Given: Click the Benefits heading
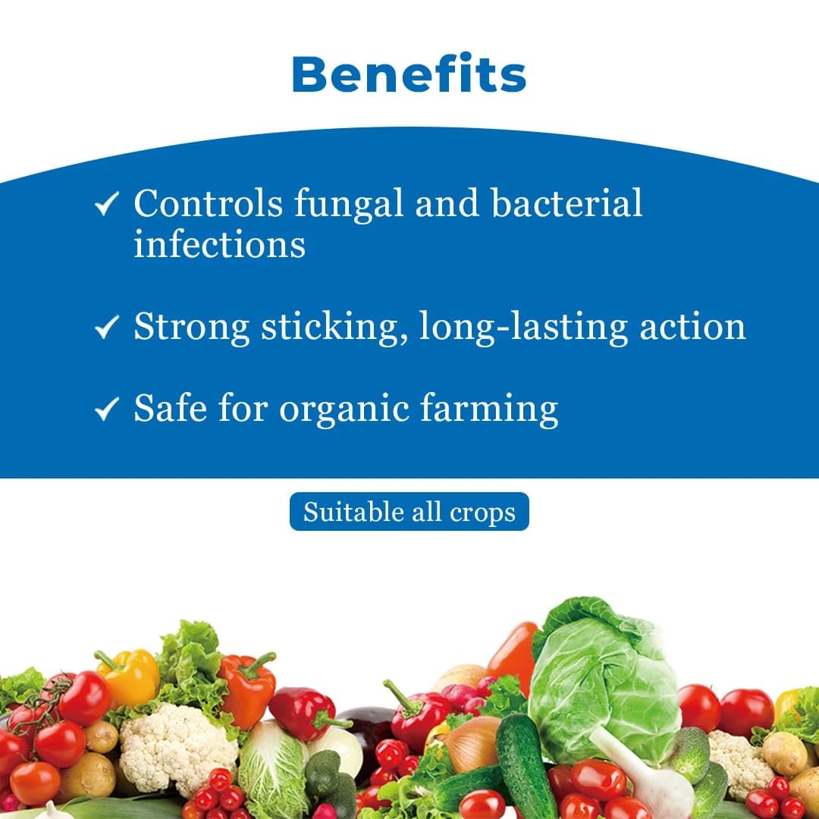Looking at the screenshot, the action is coord(409,74).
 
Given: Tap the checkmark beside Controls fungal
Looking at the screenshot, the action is coord(107,203).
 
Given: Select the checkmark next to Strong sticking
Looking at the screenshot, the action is coord(107,327).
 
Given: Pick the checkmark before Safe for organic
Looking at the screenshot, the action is coord(107,409).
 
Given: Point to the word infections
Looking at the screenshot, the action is coord(219,243).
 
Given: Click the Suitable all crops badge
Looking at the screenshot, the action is coord(409,511).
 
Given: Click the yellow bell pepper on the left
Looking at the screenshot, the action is coord(129,676).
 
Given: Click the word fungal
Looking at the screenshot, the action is coord(349,205).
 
